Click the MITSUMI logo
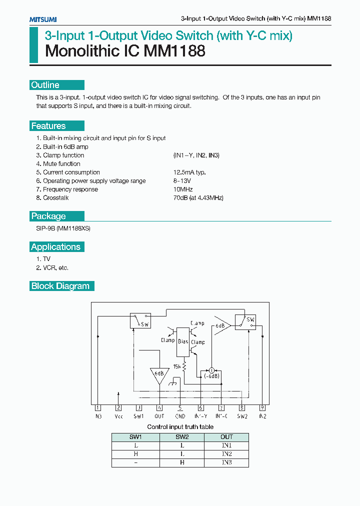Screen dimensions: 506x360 42,19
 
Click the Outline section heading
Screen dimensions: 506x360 45,85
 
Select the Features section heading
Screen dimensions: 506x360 48,126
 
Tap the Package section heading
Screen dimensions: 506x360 48,216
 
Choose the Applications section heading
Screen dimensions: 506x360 55,247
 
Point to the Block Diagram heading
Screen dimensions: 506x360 60,286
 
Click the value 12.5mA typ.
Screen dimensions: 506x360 189,172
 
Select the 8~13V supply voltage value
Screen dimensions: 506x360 182,181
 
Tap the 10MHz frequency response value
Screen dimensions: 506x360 183,189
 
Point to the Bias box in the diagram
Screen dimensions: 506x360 183,341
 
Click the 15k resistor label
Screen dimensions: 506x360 176,366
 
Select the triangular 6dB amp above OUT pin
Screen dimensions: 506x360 159,374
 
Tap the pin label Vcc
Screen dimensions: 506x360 118,416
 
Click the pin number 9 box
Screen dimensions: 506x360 262,407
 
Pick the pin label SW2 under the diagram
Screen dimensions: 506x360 242,416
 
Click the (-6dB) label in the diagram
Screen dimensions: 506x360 211,376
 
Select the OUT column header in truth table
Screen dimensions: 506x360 226,437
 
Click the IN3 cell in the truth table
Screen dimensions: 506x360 226,462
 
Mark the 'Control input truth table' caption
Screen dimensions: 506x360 180,427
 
